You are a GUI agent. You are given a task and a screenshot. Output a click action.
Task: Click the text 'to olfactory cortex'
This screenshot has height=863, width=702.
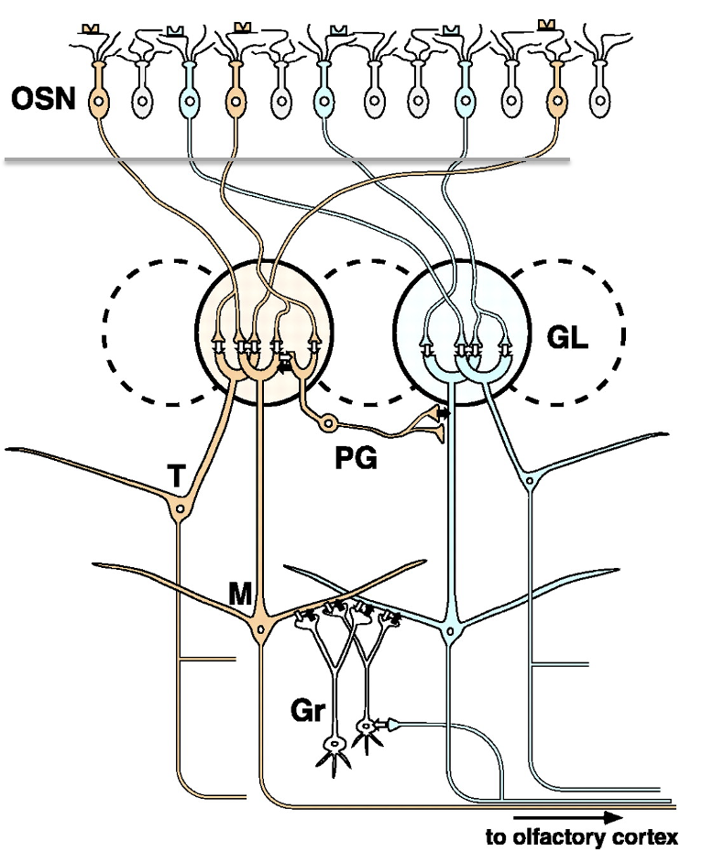click(583, 836)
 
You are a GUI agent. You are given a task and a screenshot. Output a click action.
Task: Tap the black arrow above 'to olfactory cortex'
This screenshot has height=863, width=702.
click(568, 816)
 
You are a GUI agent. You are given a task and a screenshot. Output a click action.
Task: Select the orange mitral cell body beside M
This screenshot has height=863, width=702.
click(262, 630)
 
